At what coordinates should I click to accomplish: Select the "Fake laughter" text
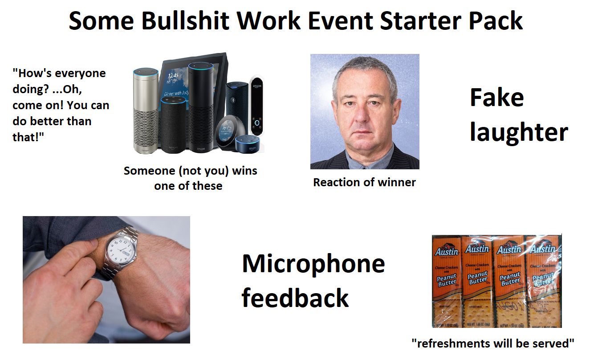518,115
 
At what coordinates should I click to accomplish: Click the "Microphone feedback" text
313,281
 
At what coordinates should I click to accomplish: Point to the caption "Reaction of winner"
364,182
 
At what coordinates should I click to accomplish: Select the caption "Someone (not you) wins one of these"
190,178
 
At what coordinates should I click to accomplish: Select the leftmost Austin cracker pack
447,281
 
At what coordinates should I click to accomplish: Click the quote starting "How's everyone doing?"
60,105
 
